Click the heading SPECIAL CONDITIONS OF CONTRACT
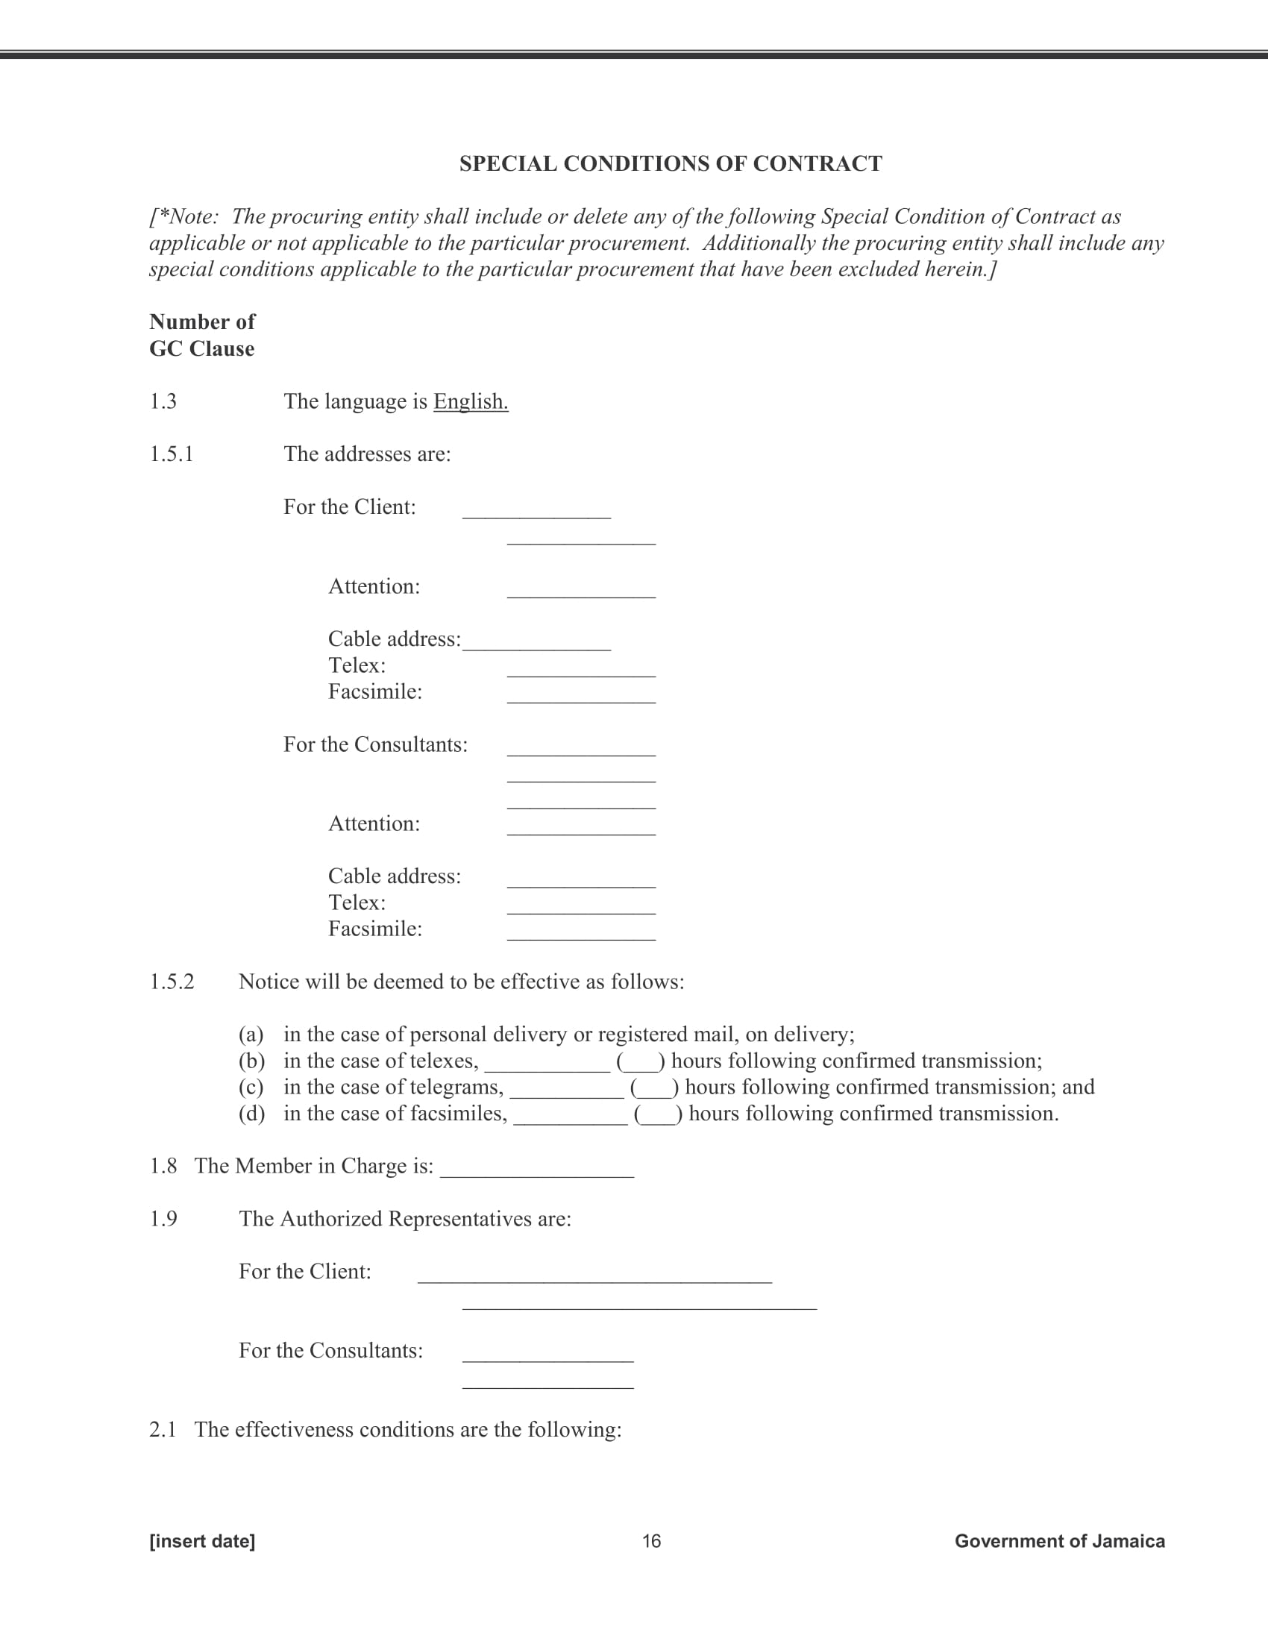670,164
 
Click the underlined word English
470,401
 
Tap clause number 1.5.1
172,454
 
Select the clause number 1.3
163,401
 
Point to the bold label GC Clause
201,348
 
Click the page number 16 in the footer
651,1541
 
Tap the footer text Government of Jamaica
1059,1541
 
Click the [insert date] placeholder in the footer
202,1541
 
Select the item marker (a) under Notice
251,1035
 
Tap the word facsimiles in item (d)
457,1114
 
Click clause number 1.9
163,1219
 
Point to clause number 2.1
163,1429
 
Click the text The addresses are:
366,454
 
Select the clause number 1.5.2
172,982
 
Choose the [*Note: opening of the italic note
183,217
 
